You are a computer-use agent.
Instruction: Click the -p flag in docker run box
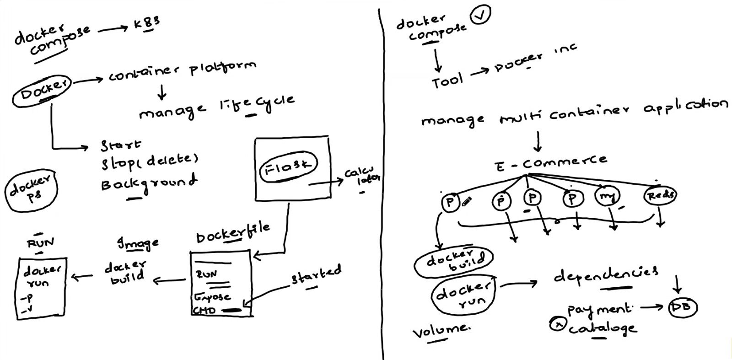click(27, 298)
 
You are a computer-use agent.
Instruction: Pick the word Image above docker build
click(138, 243)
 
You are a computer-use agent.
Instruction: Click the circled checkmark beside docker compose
click(479, 15)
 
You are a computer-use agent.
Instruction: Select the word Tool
click(447, 81)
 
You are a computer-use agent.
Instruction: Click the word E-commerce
click(551, 162)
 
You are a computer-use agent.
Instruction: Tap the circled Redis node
click(660, 195)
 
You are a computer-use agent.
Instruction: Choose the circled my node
click(607, 197)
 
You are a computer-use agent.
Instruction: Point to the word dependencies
click(606, 274)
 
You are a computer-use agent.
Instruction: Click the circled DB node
click(682, 307)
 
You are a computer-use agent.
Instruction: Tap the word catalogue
click(602, 328)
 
